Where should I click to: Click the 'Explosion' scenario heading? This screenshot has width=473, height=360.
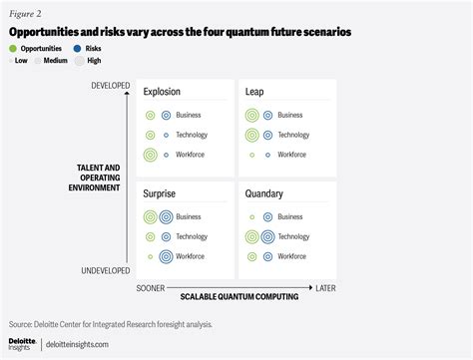click(x=162, y=92)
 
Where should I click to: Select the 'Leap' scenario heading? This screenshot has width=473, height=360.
click(x=254, y=92)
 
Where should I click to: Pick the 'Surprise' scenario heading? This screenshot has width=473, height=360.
click(x=161, y=194)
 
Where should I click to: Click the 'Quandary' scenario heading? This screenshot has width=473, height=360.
click(x=263, y=194)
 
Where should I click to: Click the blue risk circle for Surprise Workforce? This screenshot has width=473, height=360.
click(x=166, y=256)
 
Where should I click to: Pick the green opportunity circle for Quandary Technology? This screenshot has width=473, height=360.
click(x=252, y=236)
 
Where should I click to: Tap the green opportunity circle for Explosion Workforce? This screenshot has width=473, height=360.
click(x=151, y=155)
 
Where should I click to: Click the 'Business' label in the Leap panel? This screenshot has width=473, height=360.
click(x=290, y=115)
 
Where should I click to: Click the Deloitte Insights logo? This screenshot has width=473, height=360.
click(x=22, y=343)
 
